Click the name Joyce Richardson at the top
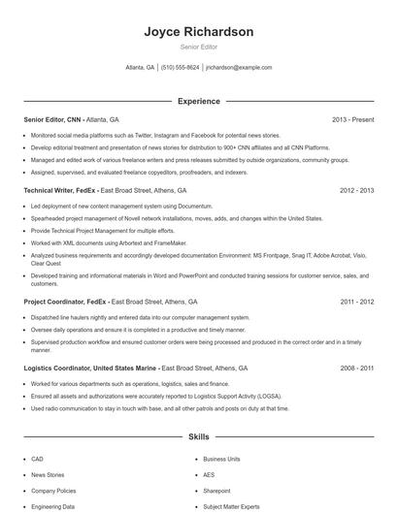coord(198,32)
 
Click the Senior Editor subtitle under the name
coord(198,47)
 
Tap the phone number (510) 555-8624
coord(181,68)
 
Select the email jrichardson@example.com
coord(239,68)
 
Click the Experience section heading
coord(198,101)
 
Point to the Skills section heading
coord(198,437)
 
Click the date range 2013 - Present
coord(352,119)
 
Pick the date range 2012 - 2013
coord(356,191)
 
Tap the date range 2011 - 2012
coord(356,302)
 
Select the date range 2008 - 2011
coord(356,369)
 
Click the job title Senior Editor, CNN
coord(52,119)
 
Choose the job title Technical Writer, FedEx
coord(59,191)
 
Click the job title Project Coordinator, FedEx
coord(63,302)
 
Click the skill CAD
coord(37,459)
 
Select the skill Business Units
coord(221,459)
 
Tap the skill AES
coord(209,475)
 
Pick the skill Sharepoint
coord(216,491)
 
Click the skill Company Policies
coord(52,491)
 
